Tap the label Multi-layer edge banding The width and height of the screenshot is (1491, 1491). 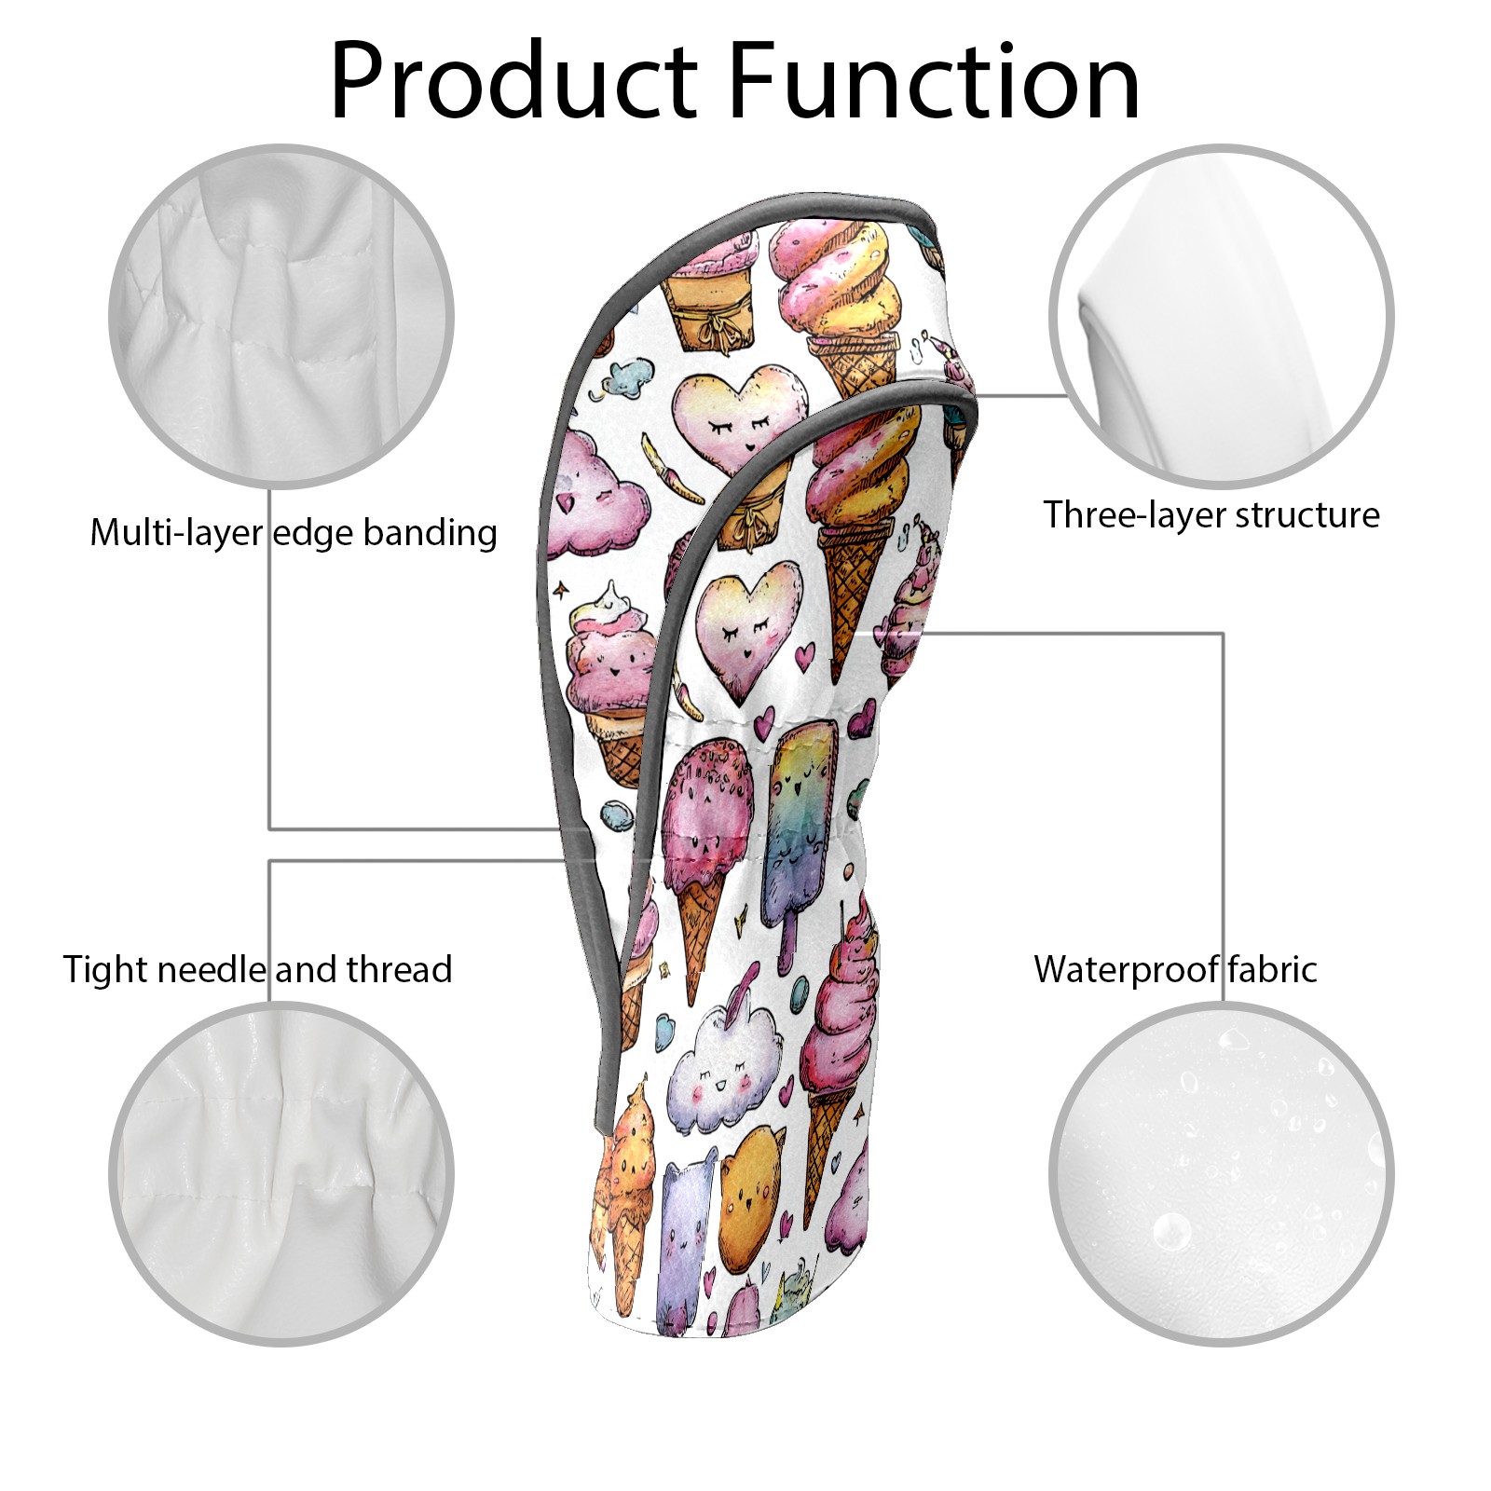point(294,533)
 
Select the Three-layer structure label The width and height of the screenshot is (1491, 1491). point(1211,514)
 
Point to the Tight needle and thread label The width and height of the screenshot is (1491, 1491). point(257,969)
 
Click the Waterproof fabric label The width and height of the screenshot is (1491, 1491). point(1175,969)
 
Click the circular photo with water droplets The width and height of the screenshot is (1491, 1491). point(1221,1174)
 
